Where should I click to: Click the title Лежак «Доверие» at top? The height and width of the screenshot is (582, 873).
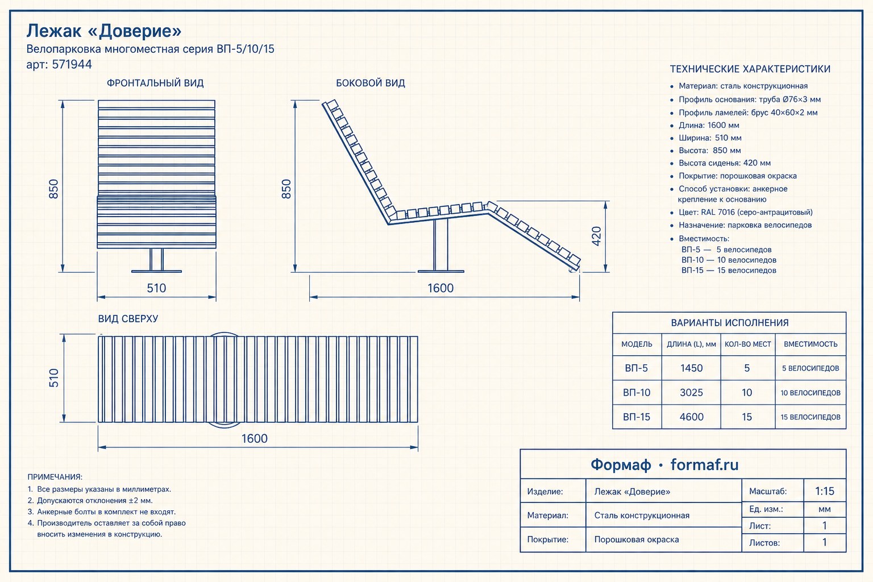(104, 31)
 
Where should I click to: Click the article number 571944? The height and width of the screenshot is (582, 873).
(72, 64)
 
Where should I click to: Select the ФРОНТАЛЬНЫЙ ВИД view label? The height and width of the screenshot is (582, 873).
(155, 83)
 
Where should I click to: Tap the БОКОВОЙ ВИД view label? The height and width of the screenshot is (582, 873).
(370, 83)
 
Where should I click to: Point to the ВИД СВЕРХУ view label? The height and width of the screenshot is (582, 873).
(128, 318)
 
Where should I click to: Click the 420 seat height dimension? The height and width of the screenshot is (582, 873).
(597, 236)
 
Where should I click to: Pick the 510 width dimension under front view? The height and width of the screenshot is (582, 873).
(156, 288)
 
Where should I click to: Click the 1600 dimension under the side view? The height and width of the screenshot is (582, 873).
(440, 288)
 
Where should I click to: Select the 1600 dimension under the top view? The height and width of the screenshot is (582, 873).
(255, 439)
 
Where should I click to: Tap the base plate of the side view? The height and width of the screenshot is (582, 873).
(441, 271)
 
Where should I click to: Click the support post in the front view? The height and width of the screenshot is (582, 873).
(156, 259)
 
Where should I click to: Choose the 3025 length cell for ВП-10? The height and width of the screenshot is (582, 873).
(691, 393)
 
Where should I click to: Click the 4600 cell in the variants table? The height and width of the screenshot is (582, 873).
(691, 417)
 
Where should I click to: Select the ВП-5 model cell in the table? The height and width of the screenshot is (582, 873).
(637, 368)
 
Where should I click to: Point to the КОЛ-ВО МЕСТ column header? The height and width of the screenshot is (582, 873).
(748, 344)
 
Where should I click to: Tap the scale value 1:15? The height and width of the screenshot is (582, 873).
(825, 491)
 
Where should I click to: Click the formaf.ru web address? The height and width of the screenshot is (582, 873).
(704, 465)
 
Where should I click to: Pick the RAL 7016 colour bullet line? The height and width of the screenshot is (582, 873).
(745, 213)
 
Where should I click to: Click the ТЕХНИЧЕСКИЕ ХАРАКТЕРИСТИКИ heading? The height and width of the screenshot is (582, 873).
(750, 69)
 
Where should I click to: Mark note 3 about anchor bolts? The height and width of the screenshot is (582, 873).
(102, 512)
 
